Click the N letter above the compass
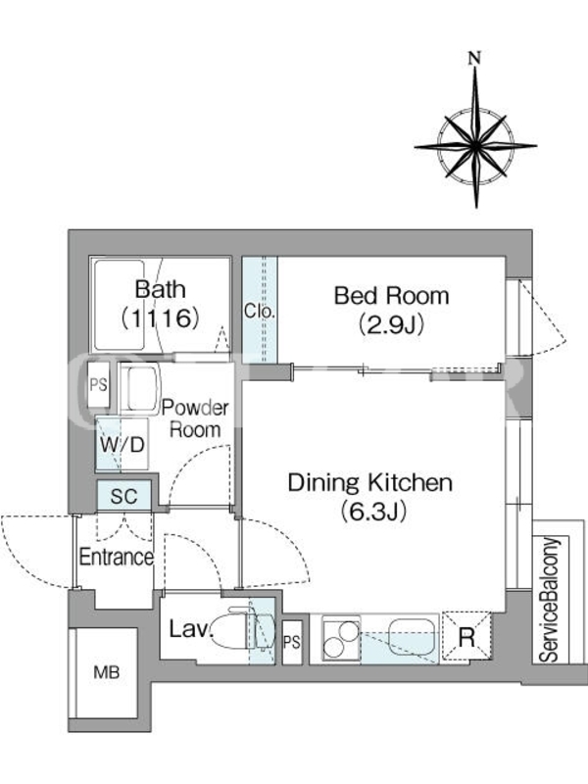(474, 58)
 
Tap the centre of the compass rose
(475, 146)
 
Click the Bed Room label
(391, 295)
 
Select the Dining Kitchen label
(370, 482)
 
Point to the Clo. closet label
(260, 311)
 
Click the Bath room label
(161, 289)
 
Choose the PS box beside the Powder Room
(99, 384)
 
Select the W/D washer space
(122, 444)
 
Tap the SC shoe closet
(123, 496)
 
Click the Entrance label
(117, 557)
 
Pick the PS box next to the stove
(292, 642)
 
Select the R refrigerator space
(467, 636)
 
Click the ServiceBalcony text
(549, 600)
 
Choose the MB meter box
(107, 673)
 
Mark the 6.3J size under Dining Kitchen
(372, 512)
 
